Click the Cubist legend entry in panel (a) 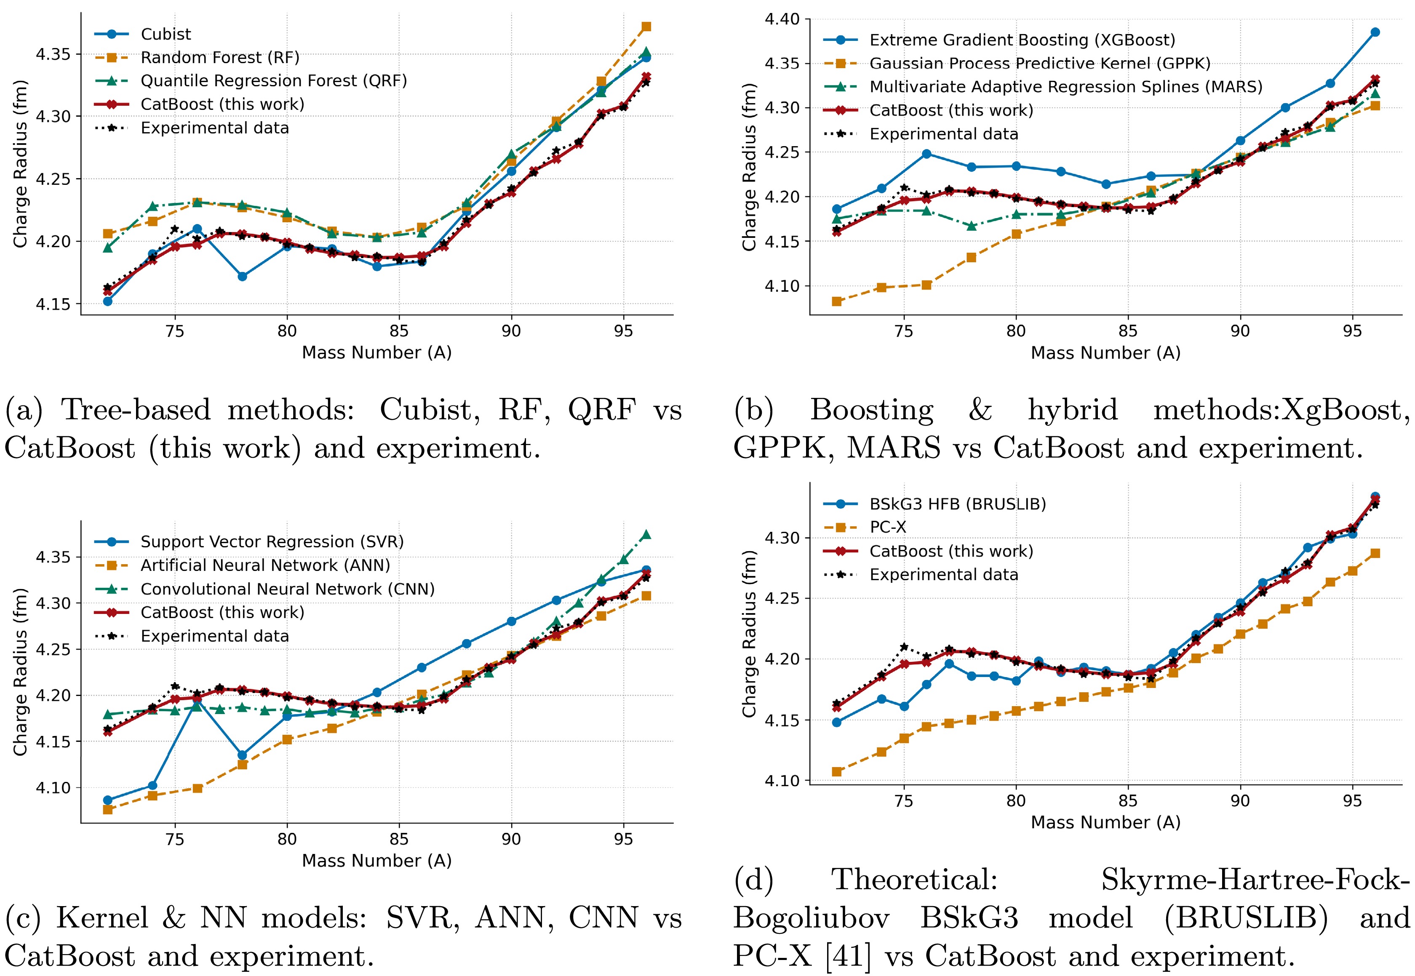165,34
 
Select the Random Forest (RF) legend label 219,58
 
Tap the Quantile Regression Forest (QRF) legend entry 273,81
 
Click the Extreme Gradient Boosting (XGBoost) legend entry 1022,40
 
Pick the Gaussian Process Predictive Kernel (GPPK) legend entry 1039,64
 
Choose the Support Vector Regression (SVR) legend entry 272,542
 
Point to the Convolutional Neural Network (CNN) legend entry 287,589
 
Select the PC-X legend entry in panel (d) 887,527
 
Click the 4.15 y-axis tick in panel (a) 53,304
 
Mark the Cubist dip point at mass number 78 242,276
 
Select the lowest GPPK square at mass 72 836,301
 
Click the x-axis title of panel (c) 376,861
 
